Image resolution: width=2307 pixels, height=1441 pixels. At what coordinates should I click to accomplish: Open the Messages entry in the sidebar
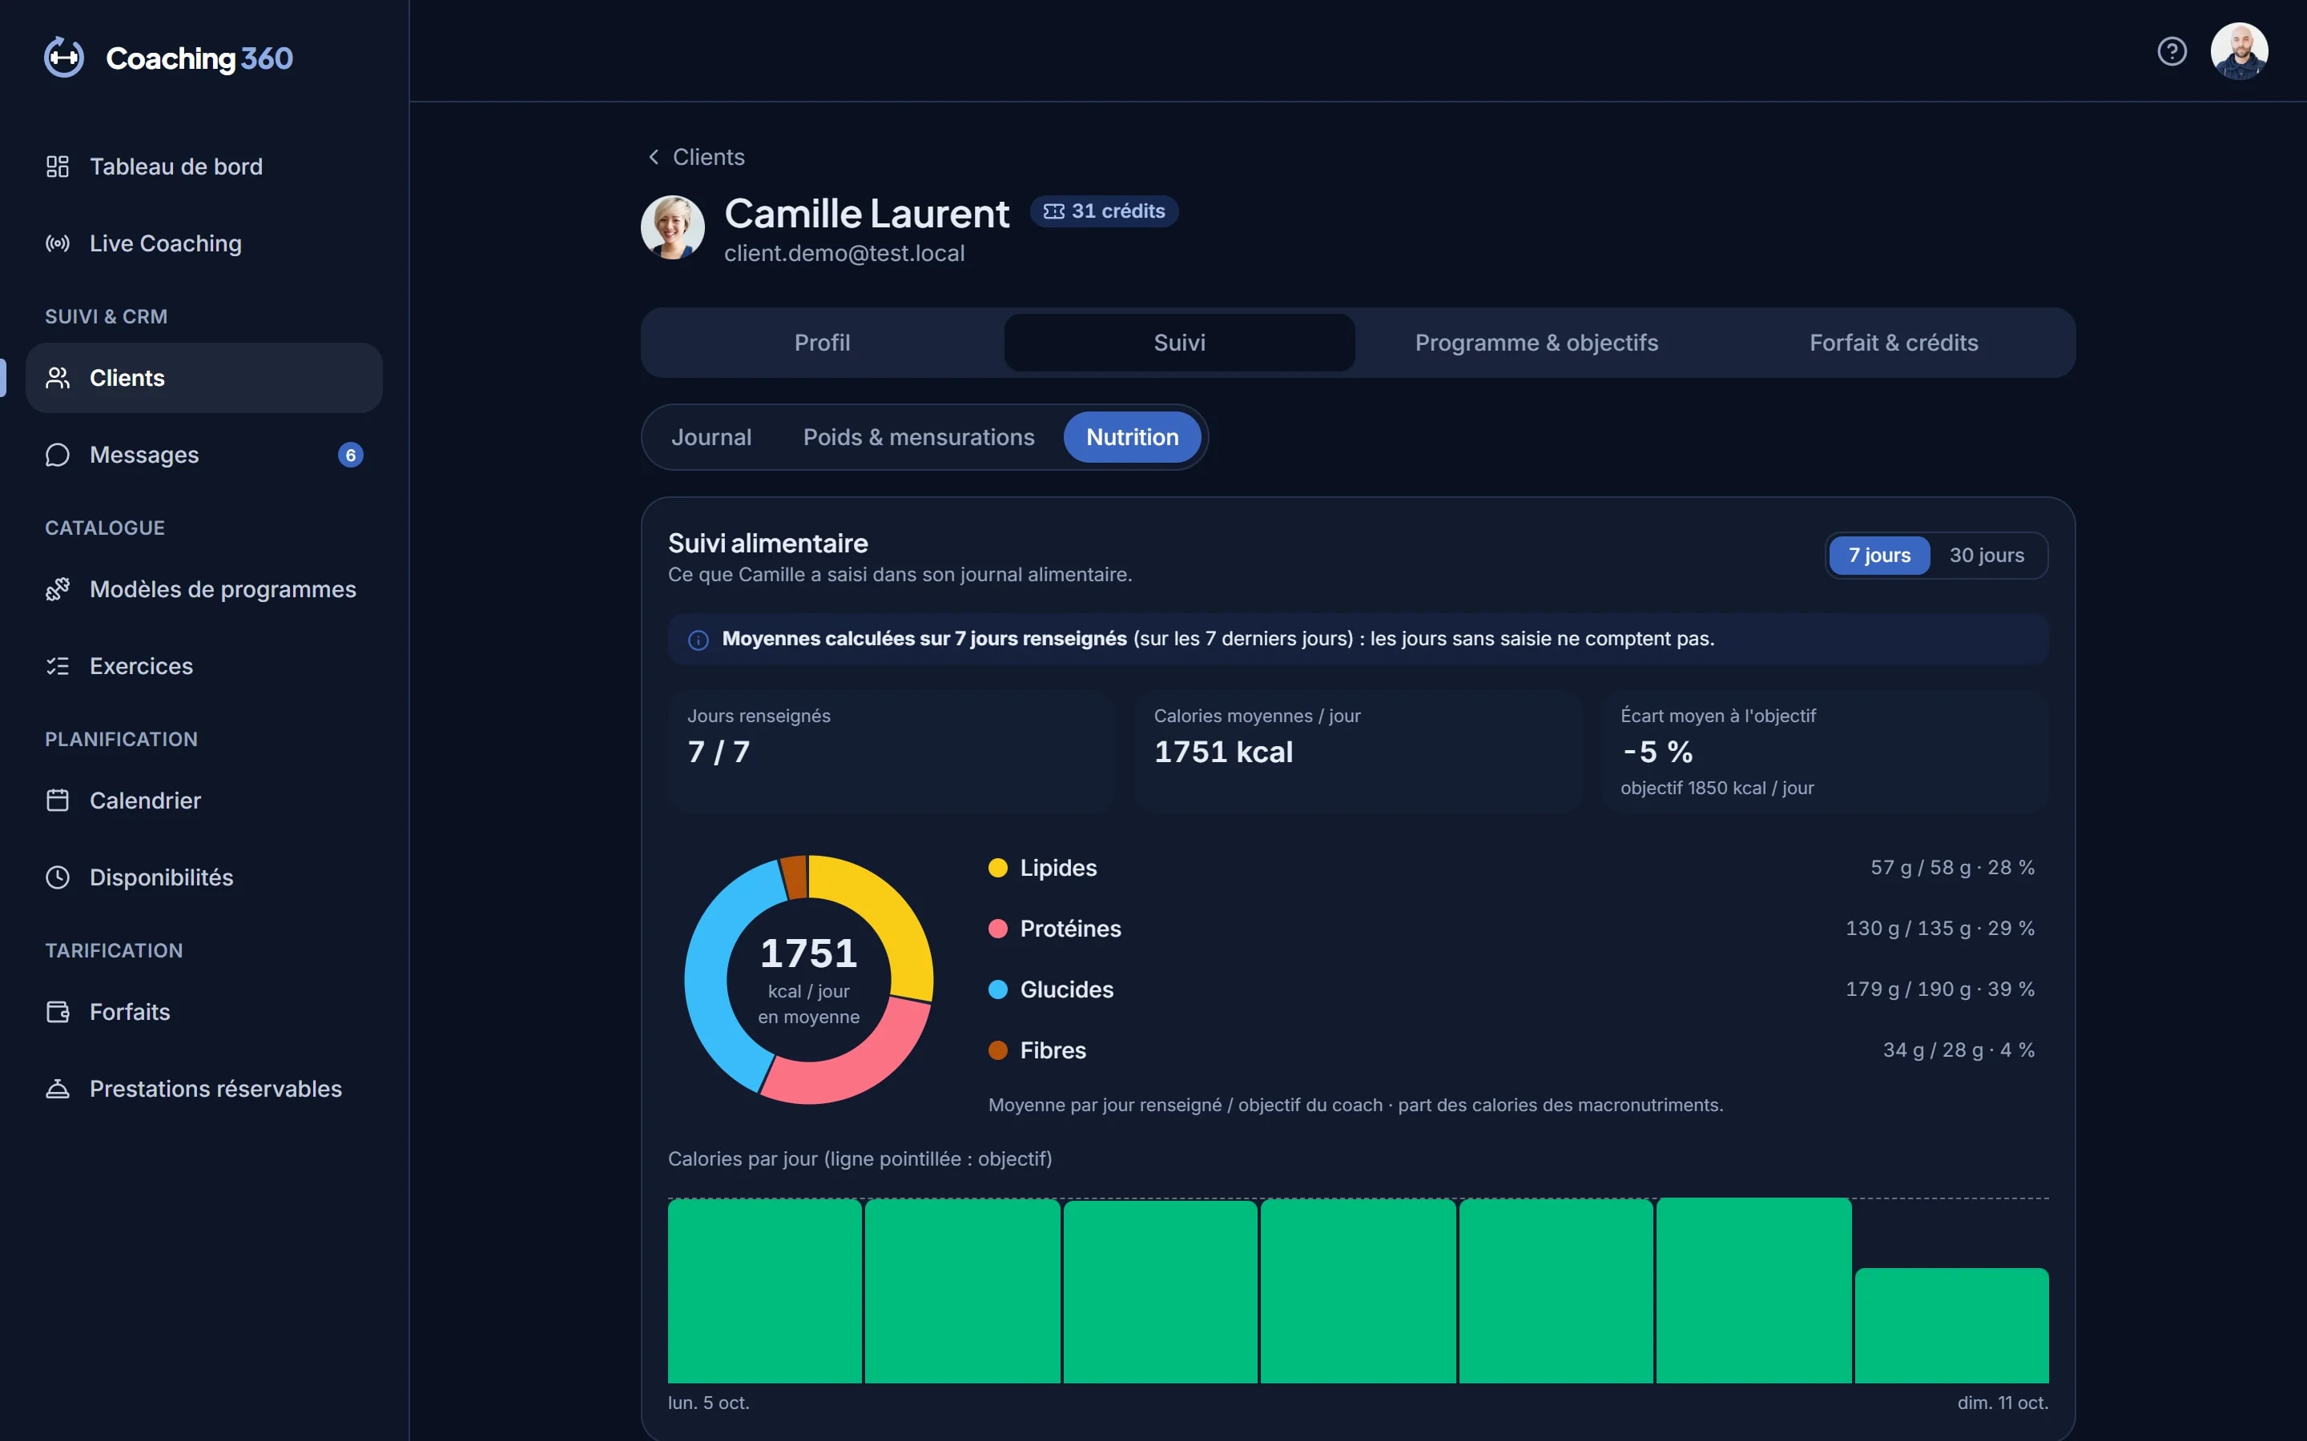(144, 455)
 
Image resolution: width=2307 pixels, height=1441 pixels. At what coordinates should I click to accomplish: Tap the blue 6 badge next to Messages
(351, 455)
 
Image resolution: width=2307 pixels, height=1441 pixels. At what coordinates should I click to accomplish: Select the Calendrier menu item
(145, 801)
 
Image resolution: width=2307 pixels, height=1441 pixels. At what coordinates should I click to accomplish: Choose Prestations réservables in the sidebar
(215, 1089)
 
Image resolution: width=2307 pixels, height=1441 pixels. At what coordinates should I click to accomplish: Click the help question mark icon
(2172, 51)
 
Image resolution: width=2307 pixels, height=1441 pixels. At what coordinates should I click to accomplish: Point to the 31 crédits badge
(1104, 211)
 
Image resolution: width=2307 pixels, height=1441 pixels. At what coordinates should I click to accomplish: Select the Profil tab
(823, 343)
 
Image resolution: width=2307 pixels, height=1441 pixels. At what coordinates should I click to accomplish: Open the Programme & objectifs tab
(1536, 343)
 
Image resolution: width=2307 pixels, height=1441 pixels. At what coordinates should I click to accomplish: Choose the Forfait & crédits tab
(1894, 343)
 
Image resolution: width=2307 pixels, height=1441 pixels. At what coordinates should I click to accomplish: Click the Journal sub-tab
(711, 437)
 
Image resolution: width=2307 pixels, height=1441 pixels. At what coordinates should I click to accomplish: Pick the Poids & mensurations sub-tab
(918, 437)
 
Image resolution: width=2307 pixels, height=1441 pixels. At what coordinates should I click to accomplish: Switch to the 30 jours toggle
(1987, 556)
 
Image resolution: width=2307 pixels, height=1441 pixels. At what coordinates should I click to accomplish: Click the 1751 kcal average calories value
(1223, 752)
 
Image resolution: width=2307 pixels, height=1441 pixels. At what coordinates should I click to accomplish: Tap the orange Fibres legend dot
(998, 1050)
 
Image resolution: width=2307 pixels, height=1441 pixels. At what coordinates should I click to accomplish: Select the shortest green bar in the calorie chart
(1951, 1325)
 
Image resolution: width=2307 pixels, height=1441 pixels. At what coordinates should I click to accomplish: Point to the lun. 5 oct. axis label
(708, 1403)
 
